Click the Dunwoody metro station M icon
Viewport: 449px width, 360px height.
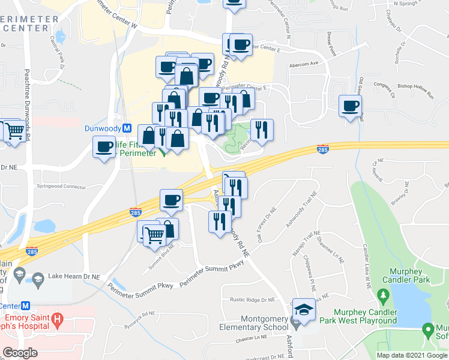pos(127,128)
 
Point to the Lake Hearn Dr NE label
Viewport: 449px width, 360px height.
pos(74,277)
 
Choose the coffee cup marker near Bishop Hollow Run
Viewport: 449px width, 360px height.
pos(351,107)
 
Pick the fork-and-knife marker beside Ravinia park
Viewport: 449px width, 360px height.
pos(261,129)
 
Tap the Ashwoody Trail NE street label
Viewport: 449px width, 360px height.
pos(301,211)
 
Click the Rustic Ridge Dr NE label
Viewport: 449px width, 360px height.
pos(253,299)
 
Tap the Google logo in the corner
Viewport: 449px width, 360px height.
pos(21,353)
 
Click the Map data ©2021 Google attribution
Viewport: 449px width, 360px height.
pos(412,355)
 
